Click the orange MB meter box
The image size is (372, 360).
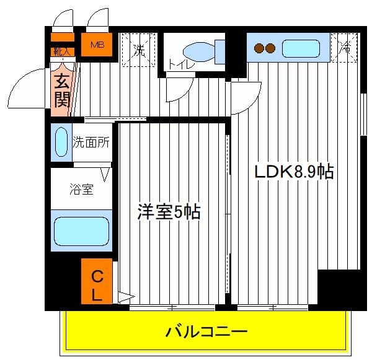coord(97,45)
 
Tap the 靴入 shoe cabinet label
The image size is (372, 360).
coord(63,51)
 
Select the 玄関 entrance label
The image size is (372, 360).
coord(62,91)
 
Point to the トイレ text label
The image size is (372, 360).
coord(182,64)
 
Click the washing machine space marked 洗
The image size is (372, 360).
coord(139,50)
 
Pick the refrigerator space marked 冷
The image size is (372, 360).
coord(345,48)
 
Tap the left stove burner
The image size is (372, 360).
coord(259,48)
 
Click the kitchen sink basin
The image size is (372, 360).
coord(301,48)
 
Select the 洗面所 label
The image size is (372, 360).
coord(91,143)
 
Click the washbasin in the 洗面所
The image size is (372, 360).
coord(61,142)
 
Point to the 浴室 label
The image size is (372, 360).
coord(81,189)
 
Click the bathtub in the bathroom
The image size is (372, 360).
coord(82,231)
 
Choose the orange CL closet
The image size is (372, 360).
coord(97,281)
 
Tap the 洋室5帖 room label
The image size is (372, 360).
coord(169,211)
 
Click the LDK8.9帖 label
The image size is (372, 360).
coord(294,172)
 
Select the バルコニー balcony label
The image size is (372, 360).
coord(206,331)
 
